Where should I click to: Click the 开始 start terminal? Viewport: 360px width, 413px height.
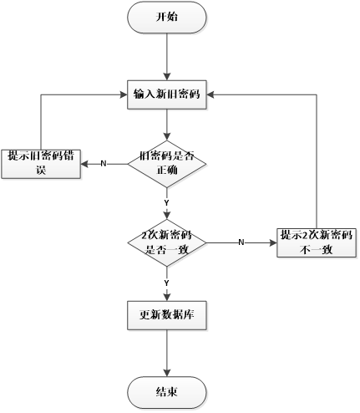(167, 17)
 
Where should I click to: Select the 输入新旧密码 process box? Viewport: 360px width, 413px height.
(167, 95)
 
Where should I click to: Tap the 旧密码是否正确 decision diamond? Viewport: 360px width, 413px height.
(167, 163)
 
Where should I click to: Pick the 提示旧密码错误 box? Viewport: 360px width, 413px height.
(41, 163)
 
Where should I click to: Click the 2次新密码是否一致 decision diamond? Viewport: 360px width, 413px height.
(167, 242)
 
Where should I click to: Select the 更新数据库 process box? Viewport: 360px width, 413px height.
(167, 315)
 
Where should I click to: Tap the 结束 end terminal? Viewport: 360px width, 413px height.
(167, 391)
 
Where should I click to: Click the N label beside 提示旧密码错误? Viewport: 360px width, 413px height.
(104, 163)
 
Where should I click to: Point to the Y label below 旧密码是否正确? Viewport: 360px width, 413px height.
(167, 203)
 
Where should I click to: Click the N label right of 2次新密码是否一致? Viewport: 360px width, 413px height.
(241, 242)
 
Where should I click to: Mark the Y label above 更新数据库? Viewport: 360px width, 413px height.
(167, 284)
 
